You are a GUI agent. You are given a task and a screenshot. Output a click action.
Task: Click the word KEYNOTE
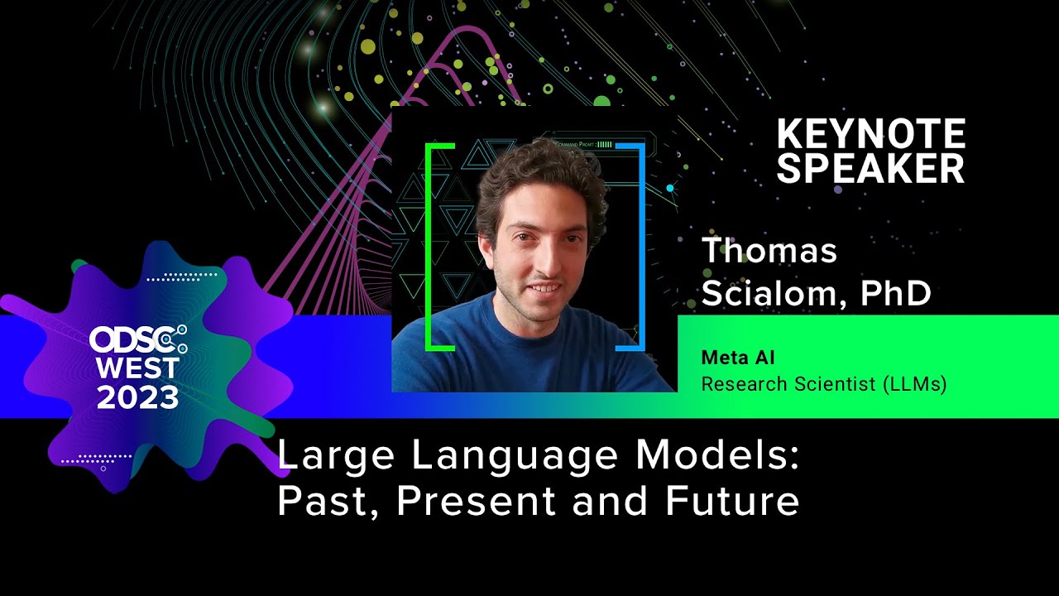871,133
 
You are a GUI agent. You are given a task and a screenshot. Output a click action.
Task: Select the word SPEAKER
871,168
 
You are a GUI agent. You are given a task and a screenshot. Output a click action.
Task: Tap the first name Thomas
769,250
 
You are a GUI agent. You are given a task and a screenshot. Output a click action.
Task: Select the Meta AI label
737,358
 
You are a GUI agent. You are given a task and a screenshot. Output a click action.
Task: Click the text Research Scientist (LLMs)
823,384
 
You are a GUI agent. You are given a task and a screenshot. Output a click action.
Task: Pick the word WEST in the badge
137,368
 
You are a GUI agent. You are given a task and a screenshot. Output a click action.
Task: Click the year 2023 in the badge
137,397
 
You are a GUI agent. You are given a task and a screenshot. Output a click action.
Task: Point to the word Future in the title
732,501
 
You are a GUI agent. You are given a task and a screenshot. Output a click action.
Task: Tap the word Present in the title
475,501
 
